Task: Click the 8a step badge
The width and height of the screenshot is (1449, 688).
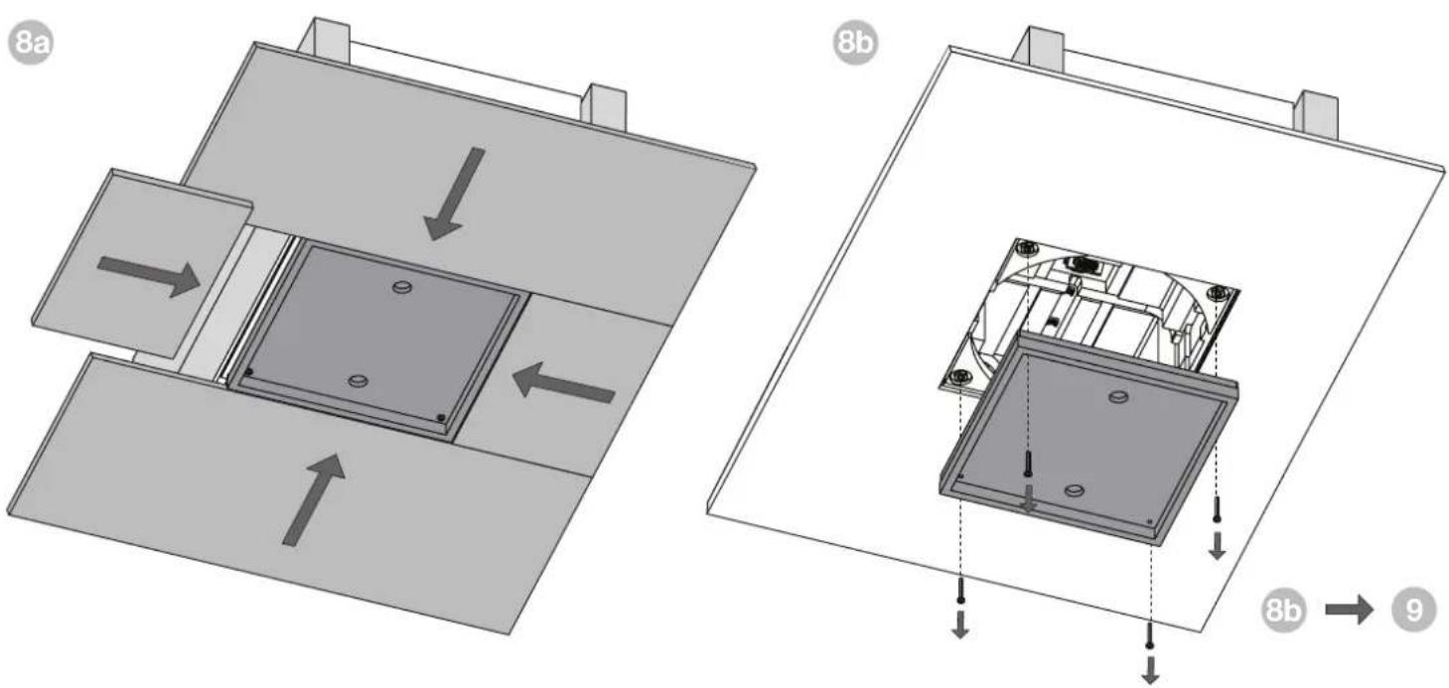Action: pyautogui.click(x=31, y=43)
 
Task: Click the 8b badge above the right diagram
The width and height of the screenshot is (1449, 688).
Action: pyautogui.click(x=855, y=43)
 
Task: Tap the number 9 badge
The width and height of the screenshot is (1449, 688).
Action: pyautogui.click(x=1413, y=610)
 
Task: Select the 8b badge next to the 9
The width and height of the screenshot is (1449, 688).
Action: pyautogui.click(x=1284, y=610)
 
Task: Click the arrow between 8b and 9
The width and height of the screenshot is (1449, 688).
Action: pyautogui.click(x=1349, y=610)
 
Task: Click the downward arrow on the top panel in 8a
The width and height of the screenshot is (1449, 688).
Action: pyautogui.click(x=454, y=194)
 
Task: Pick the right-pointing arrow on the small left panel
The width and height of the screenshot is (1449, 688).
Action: pyautogui.click(x=148, y=277)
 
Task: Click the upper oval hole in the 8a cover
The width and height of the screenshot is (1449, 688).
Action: pyautogui.click(x=402, y=287)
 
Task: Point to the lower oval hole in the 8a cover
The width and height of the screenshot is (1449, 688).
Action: pyautogui.click(x=358, y=381)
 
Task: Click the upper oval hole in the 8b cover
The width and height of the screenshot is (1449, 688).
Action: pyautogui.click(x=1118, y=396)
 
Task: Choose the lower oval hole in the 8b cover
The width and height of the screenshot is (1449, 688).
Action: pyautogui.click(x=1075, y=490)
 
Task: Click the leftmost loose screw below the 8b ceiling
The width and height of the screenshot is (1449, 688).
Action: pyautogui.click(x=960, y=590)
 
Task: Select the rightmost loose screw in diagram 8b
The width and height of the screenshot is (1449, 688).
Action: pyautogui.click(x=1217, y=509)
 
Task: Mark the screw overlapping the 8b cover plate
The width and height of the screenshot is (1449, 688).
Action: pyautogui.click(x=1028, y=465)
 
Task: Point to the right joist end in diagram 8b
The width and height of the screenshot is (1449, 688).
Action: pyautogui.click(x=1316, y=114)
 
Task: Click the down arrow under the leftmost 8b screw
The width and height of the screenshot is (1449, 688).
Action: pyautogui.click(x=960, y=625)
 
